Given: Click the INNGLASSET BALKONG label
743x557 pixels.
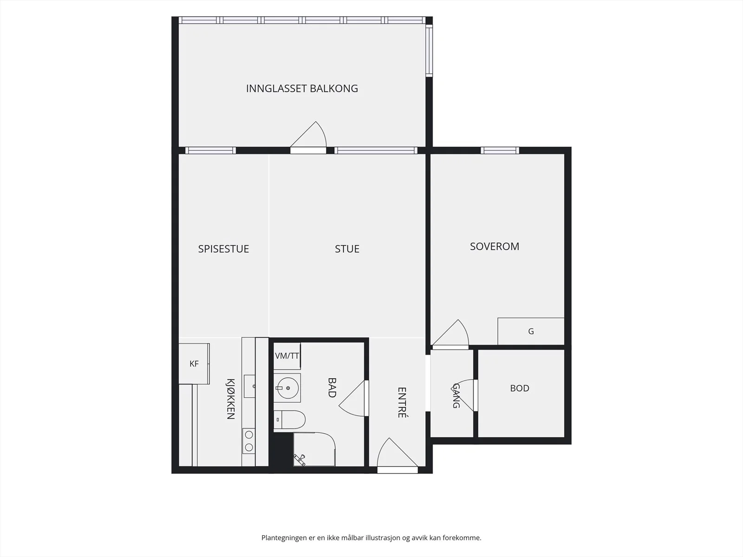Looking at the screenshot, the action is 302,89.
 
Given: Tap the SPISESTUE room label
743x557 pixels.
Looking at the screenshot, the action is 223,249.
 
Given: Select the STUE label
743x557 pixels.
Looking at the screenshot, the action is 347,249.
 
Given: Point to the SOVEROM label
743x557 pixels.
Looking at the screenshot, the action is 495,246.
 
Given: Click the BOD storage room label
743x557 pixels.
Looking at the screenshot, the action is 520,388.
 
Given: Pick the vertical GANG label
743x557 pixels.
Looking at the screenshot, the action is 456,395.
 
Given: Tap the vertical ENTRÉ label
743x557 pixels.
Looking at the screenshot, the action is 402,402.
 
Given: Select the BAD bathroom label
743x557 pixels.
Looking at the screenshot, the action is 332,388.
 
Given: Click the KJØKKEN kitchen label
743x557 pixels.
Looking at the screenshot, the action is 230,399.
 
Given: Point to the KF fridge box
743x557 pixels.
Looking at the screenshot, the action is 194,364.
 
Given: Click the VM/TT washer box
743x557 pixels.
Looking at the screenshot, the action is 287,356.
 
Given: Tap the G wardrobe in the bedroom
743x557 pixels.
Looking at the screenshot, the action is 531,331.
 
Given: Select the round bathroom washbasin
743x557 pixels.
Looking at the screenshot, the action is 288,388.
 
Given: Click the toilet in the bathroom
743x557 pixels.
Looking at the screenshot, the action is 289,420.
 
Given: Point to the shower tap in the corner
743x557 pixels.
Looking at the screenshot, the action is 300,460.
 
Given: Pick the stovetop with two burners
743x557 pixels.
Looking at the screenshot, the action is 249,441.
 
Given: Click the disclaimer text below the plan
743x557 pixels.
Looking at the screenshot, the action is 371,538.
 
